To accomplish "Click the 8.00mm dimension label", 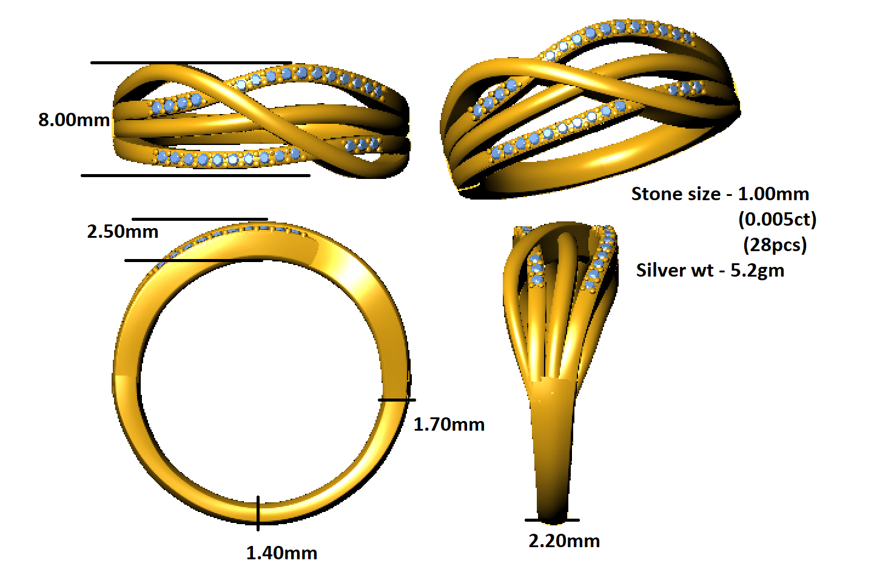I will pyautogui.click(x=74, y=120).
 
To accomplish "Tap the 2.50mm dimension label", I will pyautogui.click(x=123, y=231).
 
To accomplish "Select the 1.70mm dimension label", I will pyautogui.click(x=449, y=424).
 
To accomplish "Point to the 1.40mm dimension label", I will pyautogui.click(x=281, y=553).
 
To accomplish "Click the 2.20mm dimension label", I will pyautogui.click(x=564, y=540).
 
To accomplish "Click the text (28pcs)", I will pyautogui.click(x=775, y=244).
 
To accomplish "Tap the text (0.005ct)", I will pyautogui.click(x=777, y=219).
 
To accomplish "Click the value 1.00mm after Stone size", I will pyautogui.click(x=773, y=194).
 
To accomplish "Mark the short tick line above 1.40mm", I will pyautogui.click(x=258, y=513).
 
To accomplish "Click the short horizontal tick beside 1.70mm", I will pyautogui.click(x=397, y=400).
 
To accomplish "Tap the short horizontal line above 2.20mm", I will pyautogui.click(x=552, y=520).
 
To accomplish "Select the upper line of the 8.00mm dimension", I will pyautogui.click(x=191, y=62).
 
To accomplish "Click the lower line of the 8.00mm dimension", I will pyautogui.click(x=195, y=175).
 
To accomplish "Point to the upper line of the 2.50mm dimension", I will pyautogui.click(x=200, y=219).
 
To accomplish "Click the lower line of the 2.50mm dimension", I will pyautogui.click(x=182, y=261).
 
